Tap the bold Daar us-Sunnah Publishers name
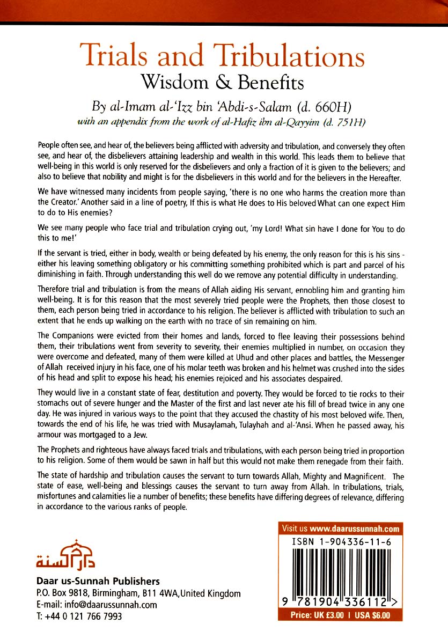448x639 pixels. (x=98, y=582)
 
